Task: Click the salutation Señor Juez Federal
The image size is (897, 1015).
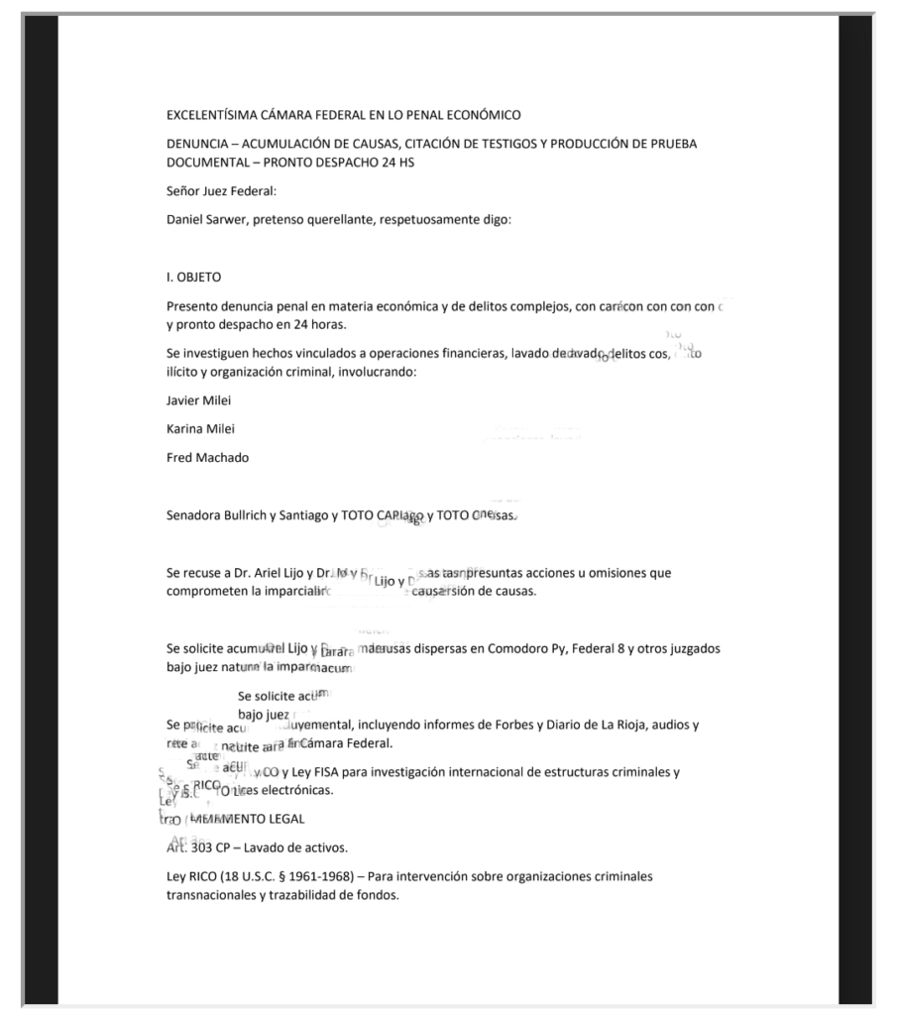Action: (221, 190)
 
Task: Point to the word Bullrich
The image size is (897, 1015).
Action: (261, 515)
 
